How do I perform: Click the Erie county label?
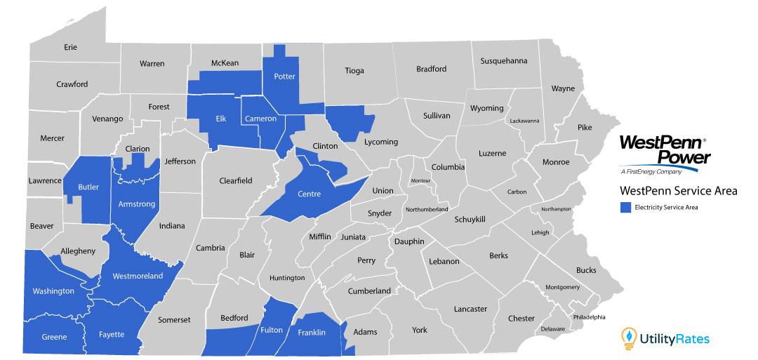coord(70,47)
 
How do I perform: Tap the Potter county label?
coord(284,76)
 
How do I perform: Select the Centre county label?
coord(310,194)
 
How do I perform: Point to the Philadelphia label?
coord(588,317)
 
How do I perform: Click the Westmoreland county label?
coord(138,276)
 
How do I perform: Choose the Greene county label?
coord(54,337)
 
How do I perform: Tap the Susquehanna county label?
coord(503,61)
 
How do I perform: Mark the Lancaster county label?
coord(470,309)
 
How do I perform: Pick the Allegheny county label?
coord(79,251)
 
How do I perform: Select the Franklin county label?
coord(312,333)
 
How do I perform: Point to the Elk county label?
coord(221,119)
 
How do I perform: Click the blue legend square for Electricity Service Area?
coord(625,207)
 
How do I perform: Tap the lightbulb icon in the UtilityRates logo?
coord(629,338)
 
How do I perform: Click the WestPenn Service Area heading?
coord(678,191)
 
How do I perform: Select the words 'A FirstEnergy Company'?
coord(651,172)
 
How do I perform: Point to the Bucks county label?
coord(585,270)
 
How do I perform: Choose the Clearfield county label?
coord(236,180)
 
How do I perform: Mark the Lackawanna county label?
coord(524,121)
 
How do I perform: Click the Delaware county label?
coord(553,328)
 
